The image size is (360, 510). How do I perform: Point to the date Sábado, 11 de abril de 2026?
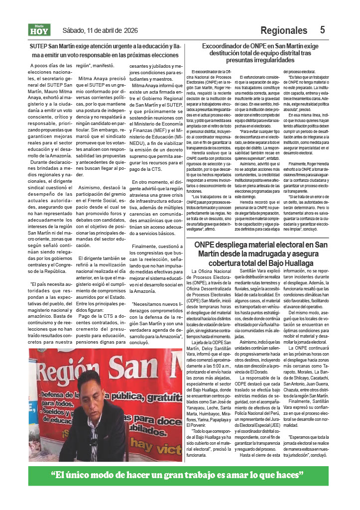(x=100, y=30)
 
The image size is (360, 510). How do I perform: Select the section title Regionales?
(x=283, y=30)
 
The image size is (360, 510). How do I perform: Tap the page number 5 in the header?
(x=323, y=30)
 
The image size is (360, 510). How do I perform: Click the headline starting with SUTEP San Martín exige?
(x=105, y=50)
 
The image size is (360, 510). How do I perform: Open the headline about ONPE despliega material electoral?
(x=261, y=254)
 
